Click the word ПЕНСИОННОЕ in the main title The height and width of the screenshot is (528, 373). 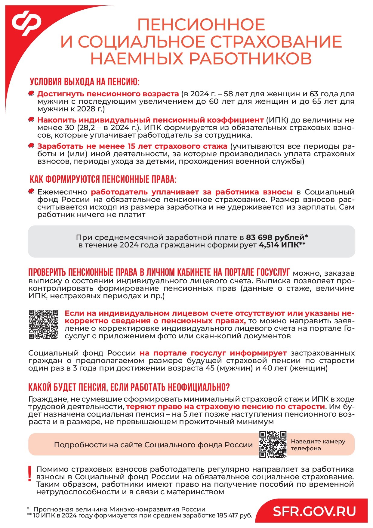point(201,25)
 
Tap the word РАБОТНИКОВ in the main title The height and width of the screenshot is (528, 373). point(250,58)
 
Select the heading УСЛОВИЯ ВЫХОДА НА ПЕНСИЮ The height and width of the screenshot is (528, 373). point(85,82)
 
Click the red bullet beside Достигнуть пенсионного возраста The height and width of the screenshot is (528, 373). point(31,94)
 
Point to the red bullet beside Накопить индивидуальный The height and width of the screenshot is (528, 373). point(31,120)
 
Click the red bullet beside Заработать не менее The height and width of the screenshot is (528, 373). point(31,146)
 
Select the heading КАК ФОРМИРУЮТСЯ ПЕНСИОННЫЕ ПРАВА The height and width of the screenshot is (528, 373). point(103,179)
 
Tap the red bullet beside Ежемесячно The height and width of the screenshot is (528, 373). point(31,191)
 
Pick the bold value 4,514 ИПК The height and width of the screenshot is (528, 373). point(282,245)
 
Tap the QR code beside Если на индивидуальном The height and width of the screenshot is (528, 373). point(43,324)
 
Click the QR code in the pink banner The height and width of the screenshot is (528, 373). point(273,444)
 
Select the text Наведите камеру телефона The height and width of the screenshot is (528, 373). point(318,445)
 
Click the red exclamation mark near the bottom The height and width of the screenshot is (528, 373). point(29,474)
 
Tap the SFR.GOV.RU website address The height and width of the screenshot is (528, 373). point(314,511)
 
